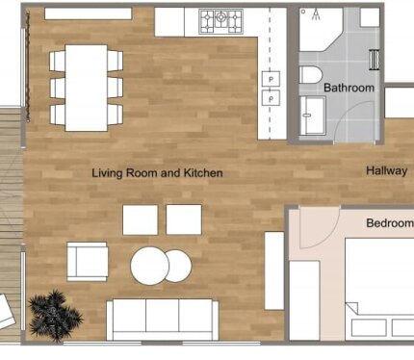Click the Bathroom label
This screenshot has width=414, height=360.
349,88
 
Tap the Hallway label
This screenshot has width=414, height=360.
387,170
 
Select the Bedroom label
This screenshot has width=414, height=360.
390,222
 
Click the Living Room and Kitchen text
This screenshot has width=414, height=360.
157,173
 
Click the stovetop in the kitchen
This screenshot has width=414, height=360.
220,21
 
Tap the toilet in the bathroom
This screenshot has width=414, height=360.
310,75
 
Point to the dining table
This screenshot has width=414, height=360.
86,88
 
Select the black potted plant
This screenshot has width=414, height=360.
55,315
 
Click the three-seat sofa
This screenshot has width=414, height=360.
163,320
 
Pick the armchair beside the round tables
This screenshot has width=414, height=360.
87,262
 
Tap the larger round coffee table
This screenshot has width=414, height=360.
149,266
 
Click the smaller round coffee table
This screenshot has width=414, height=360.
179,266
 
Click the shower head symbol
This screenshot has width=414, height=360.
316,14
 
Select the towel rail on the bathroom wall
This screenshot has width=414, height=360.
375,60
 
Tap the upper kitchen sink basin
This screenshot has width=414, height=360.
271,79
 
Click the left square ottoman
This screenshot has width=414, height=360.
141,219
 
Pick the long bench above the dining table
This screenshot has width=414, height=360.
89,13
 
